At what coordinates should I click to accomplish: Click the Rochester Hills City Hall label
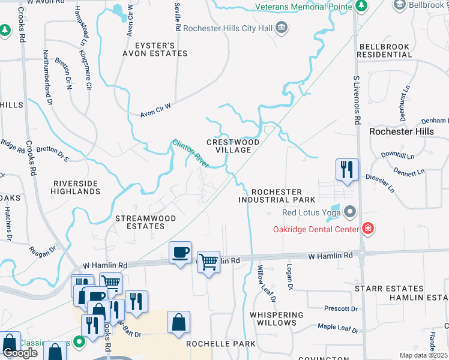(x=228, y=28)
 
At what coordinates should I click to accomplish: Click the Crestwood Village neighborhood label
(x=233, y=146)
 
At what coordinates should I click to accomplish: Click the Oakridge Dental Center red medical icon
(x=367, y=228)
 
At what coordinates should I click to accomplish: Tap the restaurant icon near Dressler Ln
(x=347, y=170)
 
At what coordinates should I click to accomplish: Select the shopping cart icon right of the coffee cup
(x=208, y=262)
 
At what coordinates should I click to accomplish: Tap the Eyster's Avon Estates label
(x=155, y=49)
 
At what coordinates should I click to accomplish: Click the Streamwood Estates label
(x=140, y=222)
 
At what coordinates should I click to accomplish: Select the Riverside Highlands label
(x=76, y=187)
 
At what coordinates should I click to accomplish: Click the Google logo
(x=20, y=353)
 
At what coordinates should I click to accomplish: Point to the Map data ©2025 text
(x=423, y=355)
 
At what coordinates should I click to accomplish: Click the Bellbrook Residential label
(x=385, y=50)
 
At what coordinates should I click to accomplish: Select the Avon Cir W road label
(x=155, y=109)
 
